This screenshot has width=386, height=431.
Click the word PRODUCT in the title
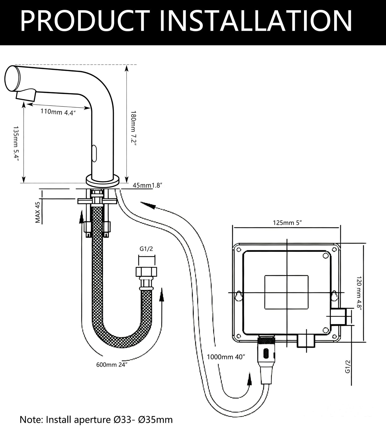[x=85, y=21]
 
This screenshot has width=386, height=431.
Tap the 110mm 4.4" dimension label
[x=58, y=112]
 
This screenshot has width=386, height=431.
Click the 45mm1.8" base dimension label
[x=148, y=185]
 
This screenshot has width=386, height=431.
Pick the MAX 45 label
[x=37, y=213]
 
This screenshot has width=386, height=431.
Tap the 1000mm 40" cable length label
[x=226, y=357]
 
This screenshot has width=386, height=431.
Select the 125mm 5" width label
[x=287, y=222]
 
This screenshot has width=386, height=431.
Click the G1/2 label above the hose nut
[x=146, y=249]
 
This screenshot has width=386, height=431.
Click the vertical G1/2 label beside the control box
[x=347, y=367]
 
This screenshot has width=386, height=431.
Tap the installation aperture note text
[x=96, y=420]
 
